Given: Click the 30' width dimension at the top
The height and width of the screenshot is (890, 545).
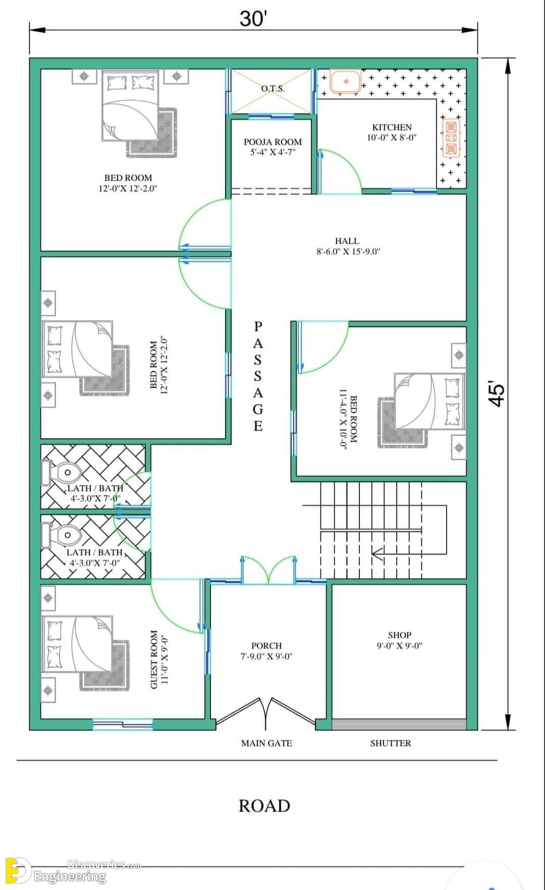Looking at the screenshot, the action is tap(253, 19).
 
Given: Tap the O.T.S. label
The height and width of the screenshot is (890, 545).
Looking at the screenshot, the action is tap(273, 89).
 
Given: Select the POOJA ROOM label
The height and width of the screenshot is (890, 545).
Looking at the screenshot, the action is tap(272, 142).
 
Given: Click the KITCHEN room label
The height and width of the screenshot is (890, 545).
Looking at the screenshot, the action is tap(392, 127).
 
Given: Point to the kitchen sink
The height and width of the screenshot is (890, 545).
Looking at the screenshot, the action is tap(346, 81).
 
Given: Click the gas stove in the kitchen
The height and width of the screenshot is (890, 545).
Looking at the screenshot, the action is tap(451, 137).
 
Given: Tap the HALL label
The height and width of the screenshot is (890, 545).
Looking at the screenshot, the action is tap(347, 241).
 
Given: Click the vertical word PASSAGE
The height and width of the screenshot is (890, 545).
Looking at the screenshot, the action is tap(258, 376).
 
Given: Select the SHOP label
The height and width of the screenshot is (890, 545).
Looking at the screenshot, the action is tap(400, 635).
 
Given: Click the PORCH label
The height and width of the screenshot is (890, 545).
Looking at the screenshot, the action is tap(266, 646).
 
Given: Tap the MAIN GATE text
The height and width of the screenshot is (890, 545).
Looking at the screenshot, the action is tap(266, 743).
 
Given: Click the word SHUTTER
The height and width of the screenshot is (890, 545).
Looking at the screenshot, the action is tap(391, 743).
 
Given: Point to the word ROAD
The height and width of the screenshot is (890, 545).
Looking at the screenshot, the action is tap(264, 806).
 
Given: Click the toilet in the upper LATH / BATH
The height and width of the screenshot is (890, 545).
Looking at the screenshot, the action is tap(62, 473).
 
